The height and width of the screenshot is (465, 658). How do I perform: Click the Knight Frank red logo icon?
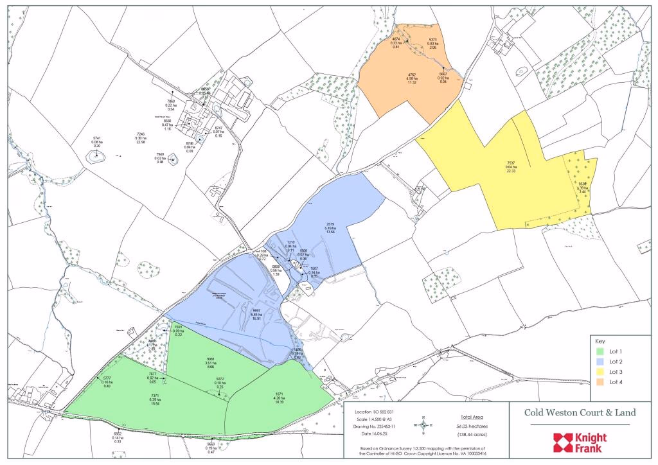click(563, 442)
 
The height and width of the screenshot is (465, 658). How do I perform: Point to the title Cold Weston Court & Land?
click(580, 412)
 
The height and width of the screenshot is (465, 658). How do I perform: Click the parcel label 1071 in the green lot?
click(279, 393)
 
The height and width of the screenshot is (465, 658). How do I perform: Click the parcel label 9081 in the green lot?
click(210, 359)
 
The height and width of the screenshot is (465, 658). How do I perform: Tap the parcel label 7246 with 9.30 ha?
click(141, 134)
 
